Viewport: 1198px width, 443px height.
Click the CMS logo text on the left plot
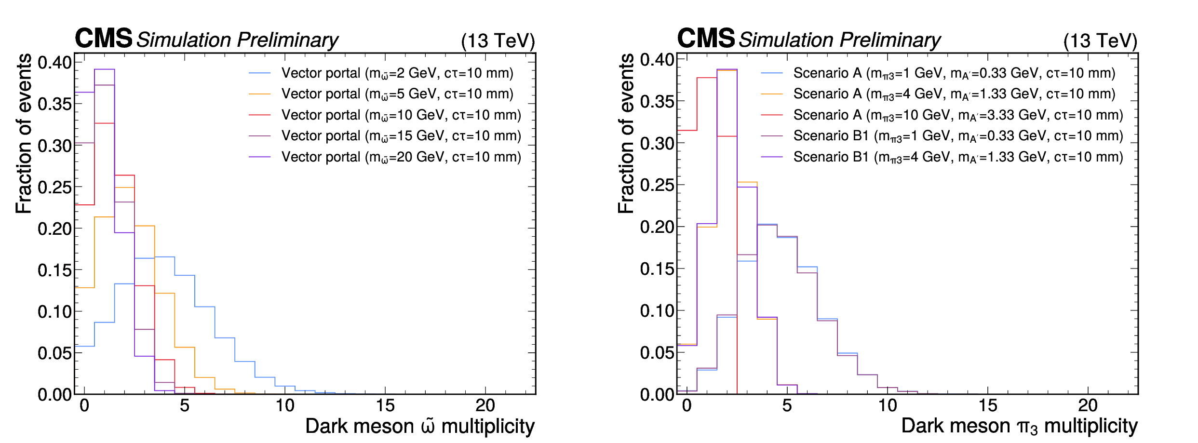[x=103, y=38]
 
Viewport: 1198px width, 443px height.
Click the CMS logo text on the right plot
[x=706, y=38]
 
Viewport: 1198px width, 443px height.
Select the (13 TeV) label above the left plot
[x=498, y=41]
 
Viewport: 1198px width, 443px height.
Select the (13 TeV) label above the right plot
[x=1100, y=41]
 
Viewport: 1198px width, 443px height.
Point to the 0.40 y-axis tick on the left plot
[x=54, y=62]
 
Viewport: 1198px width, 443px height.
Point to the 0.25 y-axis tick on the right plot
[x=657, y=185]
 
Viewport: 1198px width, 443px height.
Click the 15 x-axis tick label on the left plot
[x=385, y=406]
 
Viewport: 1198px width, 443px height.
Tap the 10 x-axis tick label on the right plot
[x=887, y=406]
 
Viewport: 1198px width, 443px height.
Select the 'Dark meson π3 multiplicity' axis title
[x=1019, y=427]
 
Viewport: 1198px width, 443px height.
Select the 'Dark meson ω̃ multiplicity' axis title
[x=419, y=427]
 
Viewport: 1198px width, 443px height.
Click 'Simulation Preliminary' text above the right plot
[x=839, y=40]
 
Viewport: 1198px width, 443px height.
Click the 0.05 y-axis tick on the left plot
[x=54, y=353]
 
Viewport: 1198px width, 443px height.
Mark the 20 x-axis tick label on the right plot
[x=1088, y=406]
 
